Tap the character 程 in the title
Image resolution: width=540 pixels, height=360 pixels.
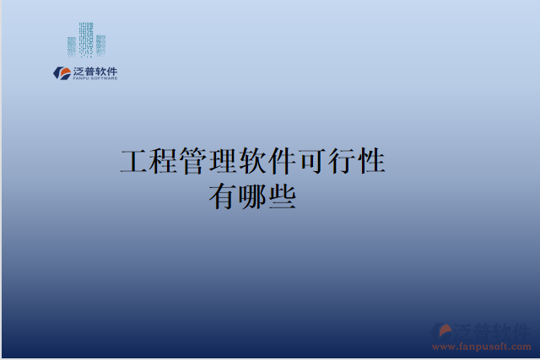[x=165, y=160]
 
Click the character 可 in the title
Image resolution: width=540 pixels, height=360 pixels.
[x=313, y=160]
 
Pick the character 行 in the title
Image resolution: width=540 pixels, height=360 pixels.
[x=343, y=160]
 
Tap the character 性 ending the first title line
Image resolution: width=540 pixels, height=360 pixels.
[x=372, y=160]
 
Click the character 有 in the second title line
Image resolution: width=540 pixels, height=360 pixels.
[x=223, y=196]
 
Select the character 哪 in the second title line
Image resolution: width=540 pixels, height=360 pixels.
[x=252, y=196]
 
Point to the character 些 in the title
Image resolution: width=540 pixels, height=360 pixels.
[x=282, y=196]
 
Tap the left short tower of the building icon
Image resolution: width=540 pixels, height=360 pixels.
[x=72, y=46]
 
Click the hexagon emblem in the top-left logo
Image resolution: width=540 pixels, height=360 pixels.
[x=62, y=73]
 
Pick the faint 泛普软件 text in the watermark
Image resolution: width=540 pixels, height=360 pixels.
[x=493, y=330]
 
